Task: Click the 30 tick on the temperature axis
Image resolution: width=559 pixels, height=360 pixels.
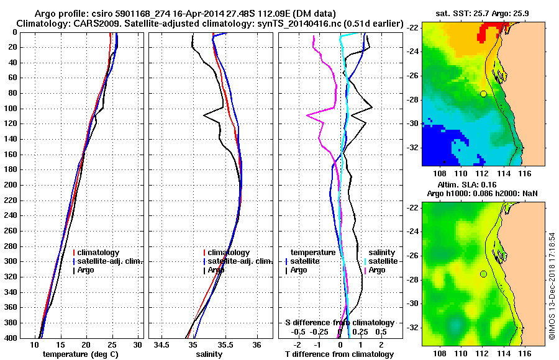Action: pyautogui.click(x=138, y=344)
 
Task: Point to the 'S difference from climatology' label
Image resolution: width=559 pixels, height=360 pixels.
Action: pyautogui.click(x=340, y=323)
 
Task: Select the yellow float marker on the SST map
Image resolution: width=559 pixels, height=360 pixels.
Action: pyautogui.click(x=483, y=94)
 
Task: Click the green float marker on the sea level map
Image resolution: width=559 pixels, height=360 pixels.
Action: pyautogui.click(x=483, y=274)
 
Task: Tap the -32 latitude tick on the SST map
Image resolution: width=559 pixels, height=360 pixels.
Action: pyautogui.click(x=412, y=148)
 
